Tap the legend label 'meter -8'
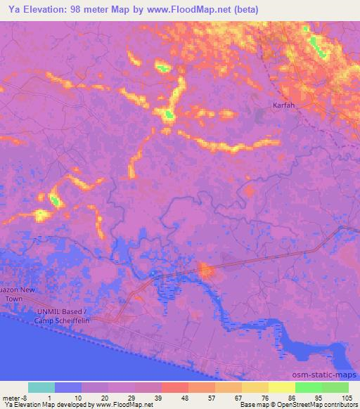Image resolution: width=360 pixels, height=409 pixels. point(15,398)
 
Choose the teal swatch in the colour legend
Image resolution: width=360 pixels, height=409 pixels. point(41,387)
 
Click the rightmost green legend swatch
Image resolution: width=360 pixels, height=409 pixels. point(335,387)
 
